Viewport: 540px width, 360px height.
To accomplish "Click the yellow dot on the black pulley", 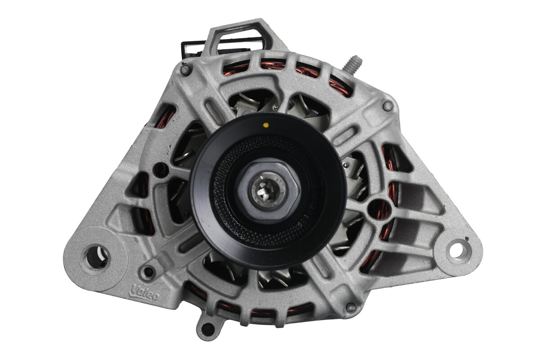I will point(266,124).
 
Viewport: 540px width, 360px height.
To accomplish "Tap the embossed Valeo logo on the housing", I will point(144,293).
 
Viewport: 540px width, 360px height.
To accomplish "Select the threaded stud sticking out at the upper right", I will point(352,63).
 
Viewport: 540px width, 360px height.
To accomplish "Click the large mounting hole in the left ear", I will point(96,256).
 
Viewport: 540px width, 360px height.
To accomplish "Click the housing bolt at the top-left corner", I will point(184,69).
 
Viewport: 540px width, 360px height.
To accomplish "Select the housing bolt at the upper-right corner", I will point(387,106).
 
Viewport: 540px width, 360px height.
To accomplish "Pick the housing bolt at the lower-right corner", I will point(351,307).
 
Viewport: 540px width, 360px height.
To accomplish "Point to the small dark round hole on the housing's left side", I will point(159,170).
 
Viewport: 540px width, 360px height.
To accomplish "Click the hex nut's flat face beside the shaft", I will point(288,189).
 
